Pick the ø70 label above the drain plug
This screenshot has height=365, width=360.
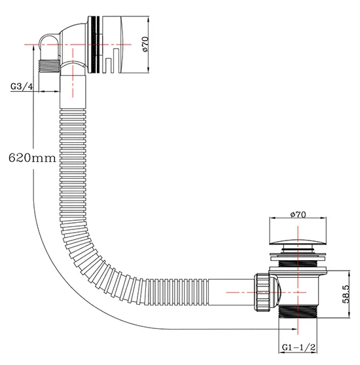(298, 213)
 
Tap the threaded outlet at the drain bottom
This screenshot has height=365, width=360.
(298, 312)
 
